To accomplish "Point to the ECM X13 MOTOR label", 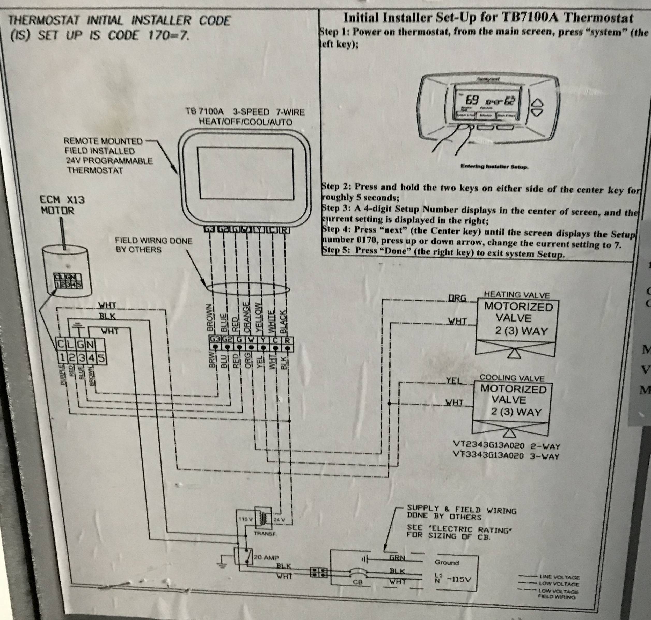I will tap(62, 205).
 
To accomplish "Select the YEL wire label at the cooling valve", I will tap(454, 381).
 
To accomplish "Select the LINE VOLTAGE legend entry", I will tap(559, 577).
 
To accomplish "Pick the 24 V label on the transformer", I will tap(279, 520).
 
